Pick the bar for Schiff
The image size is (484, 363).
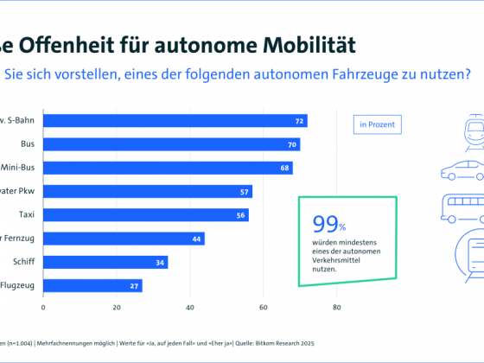click(x=105, y=262)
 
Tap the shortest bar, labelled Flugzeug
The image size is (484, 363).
click(x=92, y=285)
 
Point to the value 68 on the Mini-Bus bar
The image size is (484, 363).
click(x=285, y=168)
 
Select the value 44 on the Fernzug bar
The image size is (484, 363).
click(x=197, y=239)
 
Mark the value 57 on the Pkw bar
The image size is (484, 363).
click(x=245, y=191)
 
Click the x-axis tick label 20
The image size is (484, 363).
click(x=116, y=306)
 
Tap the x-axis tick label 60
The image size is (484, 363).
click(x=264, y=306)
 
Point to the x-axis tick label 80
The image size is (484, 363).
click(x=337, y=306)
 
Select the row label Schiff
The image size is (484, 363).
click(x=22, y=262)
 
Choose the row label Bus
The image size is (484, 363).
click(x=27, y=144)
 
